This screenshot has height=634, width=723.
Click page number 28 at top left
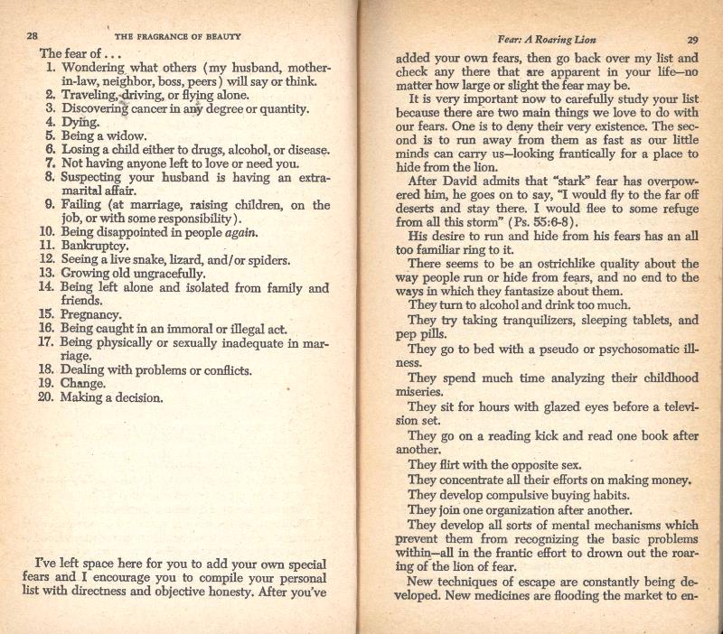click(31, 37)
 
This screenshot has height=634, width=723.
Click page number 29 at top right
click(693, 40)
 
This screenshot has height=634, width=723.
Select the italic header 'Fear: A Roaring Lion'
click(540, 40)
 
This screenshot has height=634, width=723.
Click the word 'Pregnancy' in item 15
click(90, 315)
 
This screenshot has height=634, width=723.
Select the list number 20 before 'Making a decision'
click(48, 397)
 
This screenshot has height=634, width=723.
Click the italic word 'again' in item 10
click(239, 231)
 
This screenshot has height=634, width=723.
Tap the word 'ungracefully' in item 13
click(162, 273)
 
